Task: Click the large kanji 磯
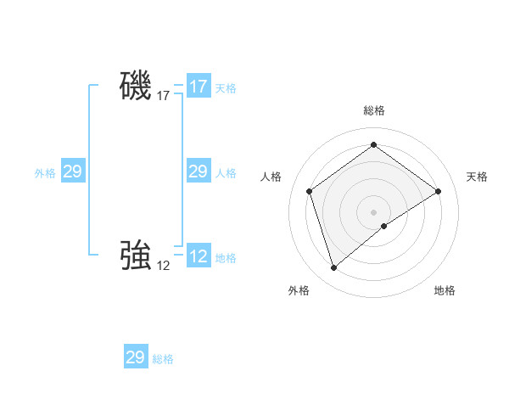click(136, 87)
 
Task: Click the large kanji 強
click(136, 256)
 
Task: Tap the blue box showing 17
click(199, 87)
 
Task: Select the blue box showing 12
click(199, 256)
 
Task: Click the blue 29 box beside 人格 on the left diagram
click(198, 172)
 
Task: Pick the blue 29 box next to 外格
click(72, 172)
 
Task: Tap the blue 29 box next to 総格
click(136, 357)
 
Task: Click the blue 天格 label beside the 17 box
click(226, 88)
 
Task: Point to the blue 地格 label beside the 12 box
click(226, 258)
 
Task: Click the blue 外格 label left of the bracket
click(45, 173)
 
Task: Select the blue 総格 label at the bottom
click(163, 359)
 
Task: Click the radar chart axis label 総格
click(374, 111)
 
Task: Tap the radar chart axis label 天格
click(478, 177)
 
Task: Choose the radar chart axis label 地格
click(445, 291)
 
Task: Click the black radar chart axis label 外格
click(299, 291)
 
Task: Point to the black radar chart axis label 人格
click(271, 177)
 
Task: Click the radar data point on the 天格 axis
click(439, 191)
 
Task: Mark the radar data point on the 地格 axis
click(384, 226)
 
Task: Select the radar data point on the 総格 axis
click(374, 145)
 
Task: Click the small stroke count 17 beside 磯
click(164, 96)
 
